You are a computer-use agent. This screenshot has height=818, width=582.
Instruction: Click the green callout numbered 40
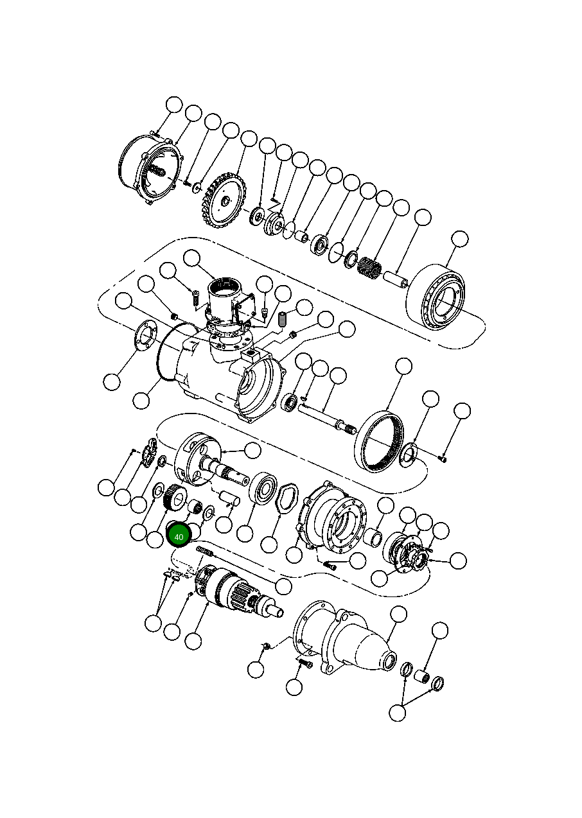click(179, 536)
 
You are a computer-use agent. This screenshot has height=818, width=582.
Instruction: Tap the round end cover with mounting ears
click(151, 170)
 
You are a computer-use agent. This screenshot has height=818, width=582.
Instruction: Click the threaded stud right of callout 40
click(204, 552)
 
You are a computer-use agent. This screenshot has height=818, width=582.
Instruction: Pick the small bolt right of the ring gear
click(443, 458)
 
